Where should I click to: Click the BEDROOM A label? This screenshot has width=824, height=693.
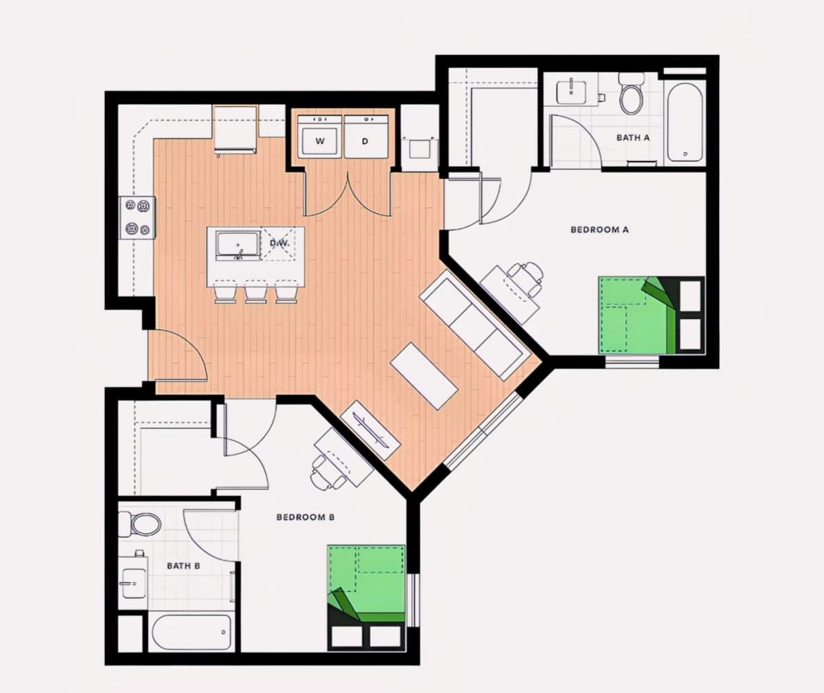599,230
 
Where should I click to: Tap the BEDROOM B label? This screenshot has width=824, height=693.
306,517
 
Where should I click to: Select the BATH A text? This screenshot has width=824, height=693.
633,138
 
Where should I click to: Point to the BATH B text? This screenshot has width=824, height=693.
183,566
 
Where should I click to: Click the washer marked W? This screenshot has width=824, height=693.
320,137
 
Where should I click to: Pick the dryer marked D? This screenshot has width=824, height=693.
366,137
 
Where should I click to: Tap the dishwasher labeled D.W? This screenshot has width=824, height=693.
279,244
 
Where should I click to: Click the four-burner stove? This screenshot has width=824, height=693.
137,218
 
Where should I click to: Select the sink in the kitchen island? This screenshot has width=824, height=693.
238,246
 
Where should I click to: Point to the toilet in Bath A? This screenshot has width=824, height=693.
632,93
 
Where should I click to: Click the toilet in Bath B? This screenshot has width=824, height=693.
140,524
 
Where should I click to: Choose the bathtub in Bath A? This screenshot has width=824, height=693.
685,122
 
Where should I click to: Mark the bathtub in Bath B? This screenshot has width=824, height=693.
192,631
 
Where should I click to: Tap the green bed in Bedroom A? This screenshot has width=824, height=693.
651,315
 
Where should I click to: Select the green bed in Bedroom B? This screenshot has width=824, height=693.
367,598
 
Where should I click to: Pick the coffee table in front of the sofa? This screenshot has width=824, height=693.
424,376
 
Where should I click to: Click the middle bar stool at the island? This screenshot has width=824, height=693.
255,292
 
